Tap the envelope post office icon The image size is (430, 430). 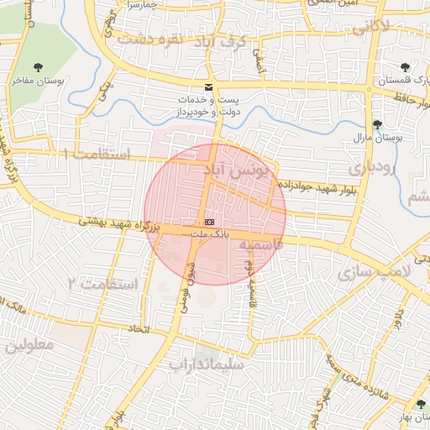[x=208, y=87]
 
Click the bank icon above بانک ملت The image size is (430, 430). [x=208, y=220]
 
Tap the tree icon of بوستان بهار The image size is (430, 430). [x=421, y=405]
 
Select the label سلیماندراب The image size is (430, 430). [x=205, y=365]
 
